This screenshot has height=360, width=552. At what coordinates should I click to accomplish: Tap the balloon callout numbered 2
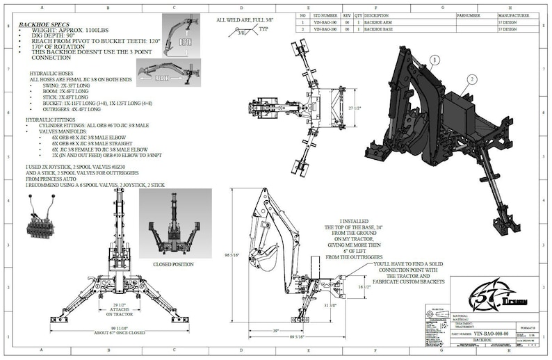point(472,80)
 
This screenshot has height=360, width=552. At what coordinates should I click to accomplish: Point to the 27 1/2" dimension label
point(355,109)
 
